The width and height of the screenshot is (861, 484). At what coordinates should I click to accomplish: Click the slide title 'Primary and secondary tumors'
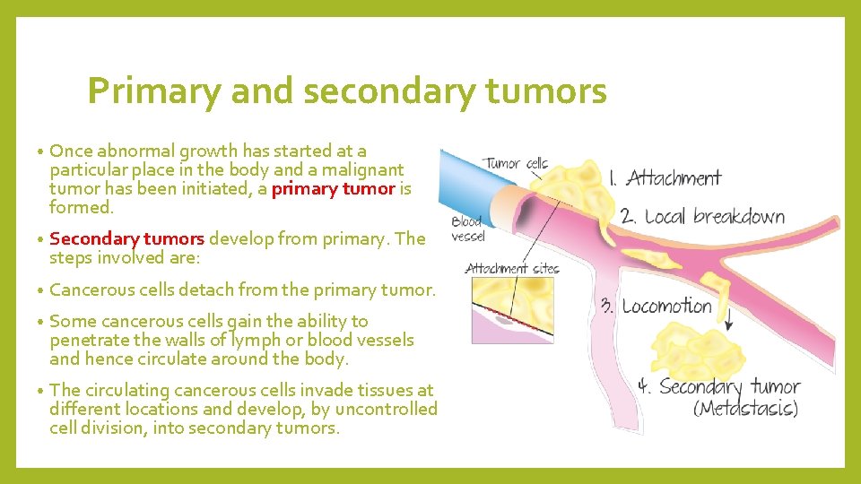pos(347,91)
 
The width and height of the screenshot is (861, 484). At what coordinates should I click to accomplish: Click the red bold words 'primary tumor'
pos(333,188)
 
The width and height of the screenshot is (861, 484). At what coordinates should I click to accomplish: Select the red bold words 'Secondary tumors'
pos(127,238)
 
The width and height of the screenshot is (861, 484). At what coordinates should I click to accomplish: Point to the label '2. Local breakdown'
pos(701,217)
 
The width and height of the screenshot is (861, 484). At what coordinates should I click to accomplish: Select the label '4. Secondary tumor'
pos(717,387)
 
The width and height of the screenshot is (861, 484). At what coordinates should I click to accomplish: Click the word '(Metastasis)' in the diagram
pos(745,409)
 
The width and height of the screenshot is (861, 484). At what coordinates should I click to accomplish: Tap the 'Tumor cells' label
pos(516,163)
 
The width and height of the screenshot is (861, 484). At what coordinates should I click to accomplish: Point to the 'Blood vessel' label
pos(467,229)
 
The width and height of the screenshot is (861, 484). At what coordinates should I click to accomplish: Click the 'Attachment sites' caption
pos(511,268)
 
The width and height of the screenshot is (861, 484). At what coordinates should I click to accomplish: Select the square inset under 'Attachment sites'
pos(512,310)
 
